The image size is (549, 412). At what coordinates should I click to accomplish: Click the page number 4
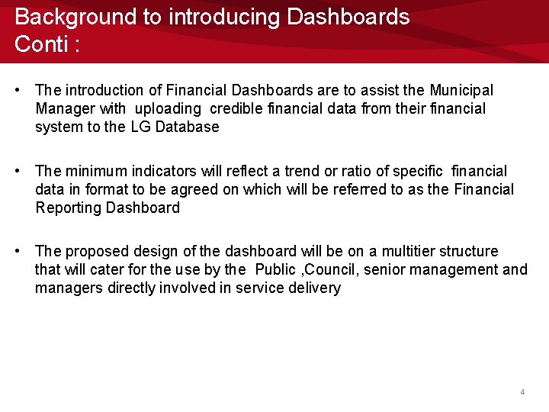coord(522,391)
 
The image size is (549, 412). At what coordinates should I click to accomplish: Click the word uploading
coord(168,109)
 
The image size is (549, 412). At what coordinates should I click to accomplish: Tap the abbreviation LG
coord(140,127)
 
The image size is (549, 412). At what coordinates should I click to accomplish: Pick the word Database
coord(187,127)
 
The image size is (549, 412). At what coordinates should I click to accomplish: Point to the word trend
coord(303,172)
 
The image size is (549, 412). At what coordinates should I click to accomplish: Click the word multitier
coord(414,252)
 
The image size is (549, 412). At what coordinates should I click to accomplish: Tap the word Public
coord(275,270)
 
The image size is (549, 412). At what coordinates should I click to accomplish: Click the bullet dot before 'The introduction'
coord(18,91)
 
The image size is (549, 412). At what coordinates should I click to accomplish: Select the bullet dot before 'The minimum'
coord(18,172)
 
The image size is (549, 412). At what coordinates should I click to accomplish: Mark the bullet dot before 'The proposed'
coord(18,252)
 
